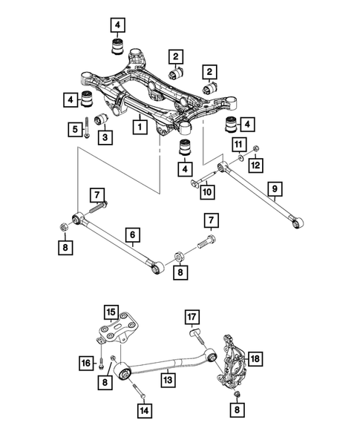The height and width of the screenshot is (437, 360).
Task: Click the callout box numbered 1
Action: click(138, 128)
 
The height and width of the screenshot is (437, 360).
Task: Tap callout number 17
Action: click(192, 319)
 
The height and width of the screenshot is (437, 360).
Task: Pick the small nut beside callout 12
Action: click(255, 147)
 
